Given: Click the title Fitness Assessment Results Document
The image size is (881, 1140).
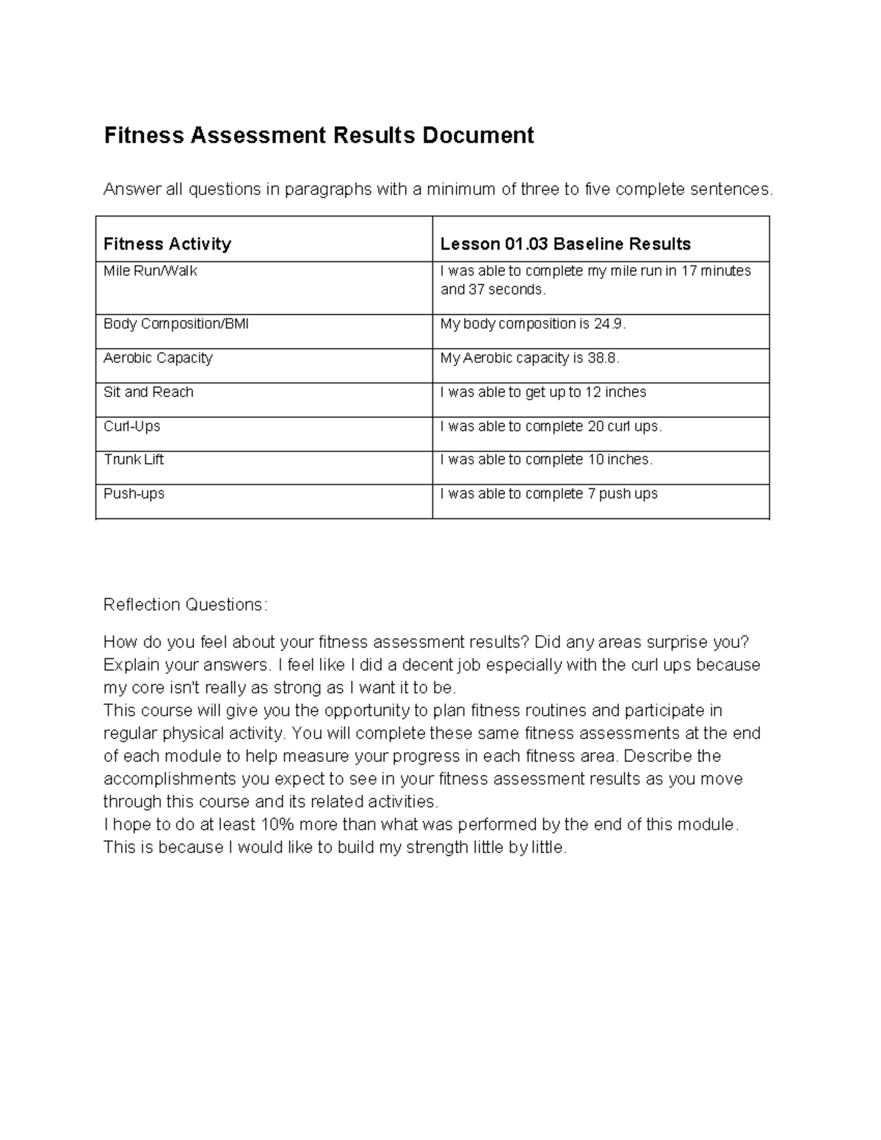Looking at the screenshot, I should [319, 136].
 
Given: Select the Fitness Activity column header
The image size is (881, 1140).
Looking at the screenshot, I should [167, 244].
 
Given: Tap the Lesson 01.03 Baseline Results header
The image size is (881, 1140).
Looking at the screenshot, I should [565, 244].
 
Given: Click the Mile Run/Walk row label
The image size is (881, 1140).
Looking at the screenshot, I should [151, 271].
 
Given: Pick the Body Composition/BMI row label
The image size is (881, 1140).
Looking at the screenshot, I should [176, 324].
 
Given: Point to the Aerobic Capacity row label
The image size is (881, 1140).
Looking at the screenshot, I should [158, 357].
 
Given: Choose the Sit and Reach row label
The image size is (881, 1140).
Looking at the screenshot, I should [148, 392].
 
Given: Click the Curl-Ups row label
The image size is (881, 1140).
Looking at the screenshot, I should [132, 426].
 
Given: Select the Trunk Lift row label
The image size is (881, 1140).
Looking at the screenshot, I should [134, 460].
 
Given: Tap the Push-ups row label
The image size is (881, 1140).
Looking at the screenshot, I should [134, 493].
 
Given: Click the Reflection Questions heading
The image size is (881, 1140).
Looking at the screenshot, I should [186, 605].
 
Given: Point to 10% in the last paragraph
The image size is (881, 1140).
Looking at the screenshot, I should [278, 824].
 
